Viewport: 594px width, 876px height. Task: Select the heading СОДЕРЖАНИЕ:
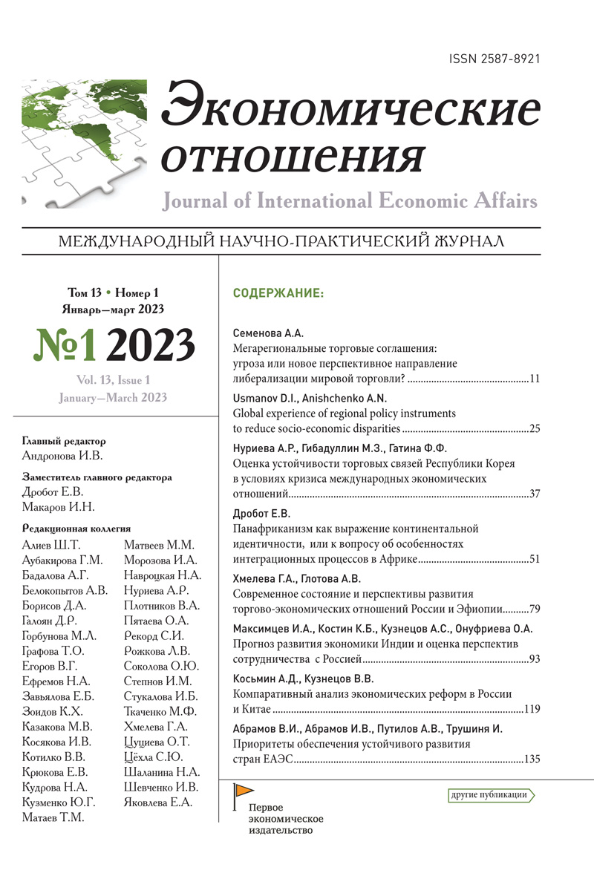click(278, 293)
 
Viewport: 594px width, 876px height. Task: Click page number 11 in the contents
click(534, 379)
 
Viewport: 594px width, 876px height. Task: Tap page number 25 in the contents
click(533, 430)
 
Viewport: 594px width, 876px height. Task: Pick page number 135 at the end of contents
click(530, 759)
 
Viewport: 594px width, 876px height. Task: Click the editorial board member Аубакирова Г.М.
click(63, 560)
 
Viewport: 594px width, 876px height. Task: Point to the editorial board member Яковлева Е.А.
click(158, 802)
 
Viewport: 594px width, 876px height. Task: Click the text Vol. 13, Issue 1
click(112, 379)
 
